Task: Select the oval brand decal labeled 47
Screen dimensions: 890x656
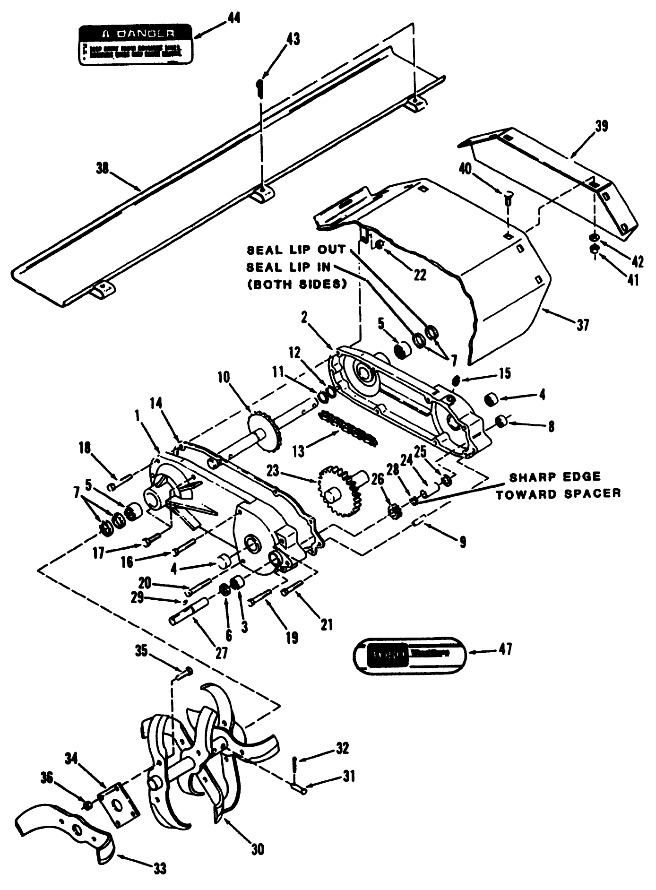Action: point(410,654)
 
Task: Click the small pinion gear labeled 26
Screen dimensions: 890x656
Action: point(394,511)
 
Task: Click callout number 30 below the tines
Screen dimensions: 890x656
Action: point(257,849)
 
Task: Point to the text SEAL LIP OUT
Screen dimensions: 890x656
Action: point(296,250)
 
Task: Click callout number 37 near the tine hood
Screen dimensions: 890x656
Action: point(583,325)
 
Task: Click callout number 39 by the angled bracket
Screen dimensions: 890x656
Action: point(601,126)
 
